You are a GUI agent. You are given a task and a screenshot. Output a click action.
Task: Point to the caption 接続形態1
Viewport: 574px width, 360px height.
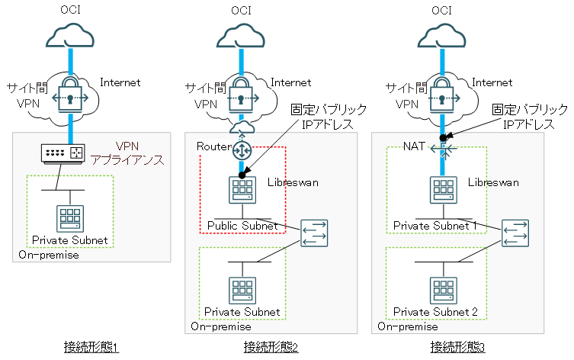tap(91, 348)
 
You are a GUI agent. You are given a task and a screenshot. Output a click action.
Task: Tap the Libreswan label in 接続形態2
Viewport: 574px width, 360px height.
tap(294, 183)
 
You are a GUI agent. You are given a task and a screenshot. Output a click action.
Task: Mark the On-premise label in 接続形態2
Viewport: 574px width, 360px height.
tap(222, 326)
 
